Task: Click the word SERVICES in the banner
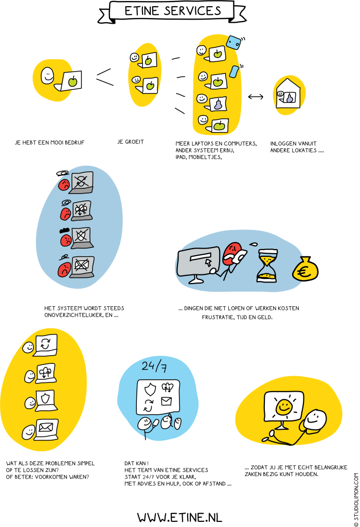click(197, 10)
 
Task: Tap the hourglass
click(267, 266)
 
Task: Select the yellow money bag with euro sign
click(305, 270)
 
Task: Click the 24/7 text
click(154, 366)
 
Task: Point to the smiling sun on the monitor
click(283, 407)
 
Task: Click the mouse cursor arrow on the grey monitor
click(208, 262)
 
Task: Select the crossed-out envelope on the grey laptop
click(81, 265)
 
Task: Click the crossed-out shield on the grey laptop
click(81, 236)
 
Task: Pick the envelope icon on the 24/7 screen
click(166, 401)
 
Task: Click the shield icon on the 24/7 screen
click(150, 389)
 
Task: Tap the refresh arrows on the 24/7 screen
click(148, 405)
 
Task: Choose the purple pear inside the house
click(290, 97)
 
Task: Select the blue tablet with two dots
click(233, 42)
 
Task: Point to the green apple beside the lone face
click(73, 81)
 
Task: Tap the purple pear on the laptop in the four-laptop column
click(218, 103)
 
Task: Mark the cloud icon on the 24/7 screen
click(167, 387)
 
